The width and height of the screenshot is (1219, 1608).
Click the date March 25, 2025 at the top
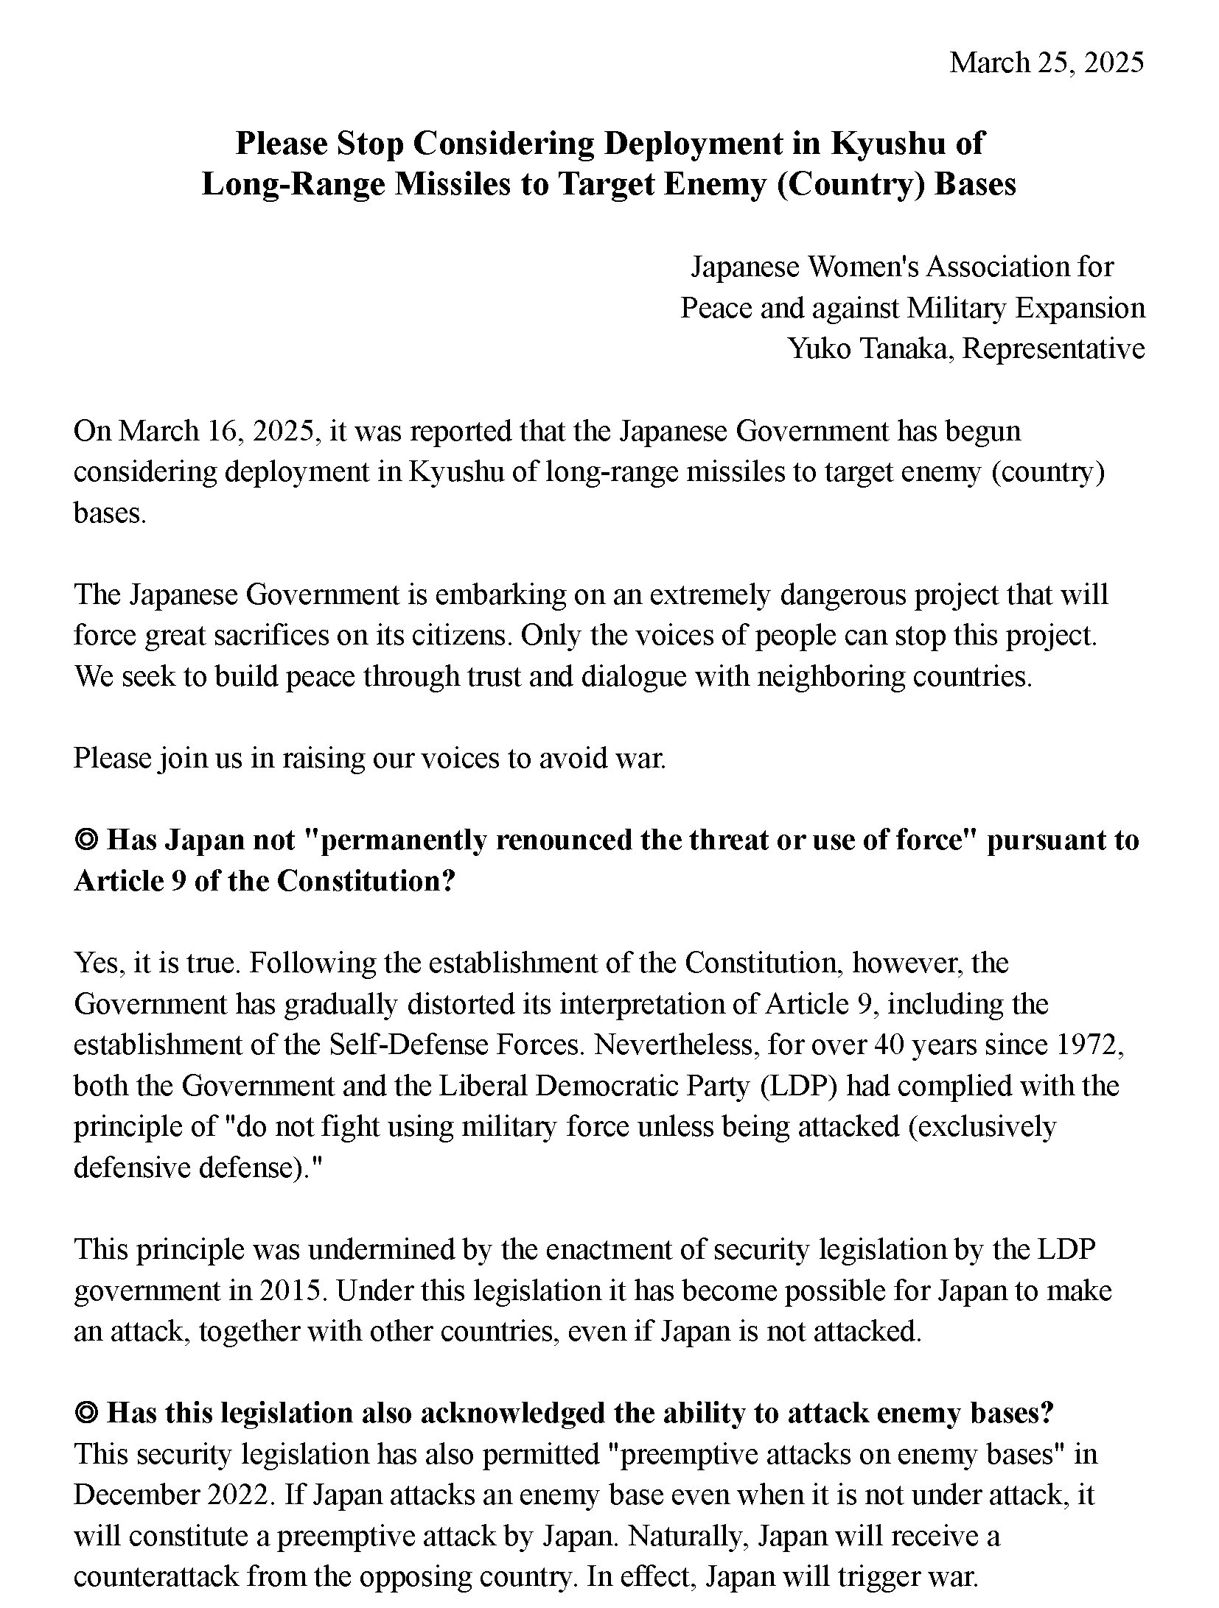click(1046, 63)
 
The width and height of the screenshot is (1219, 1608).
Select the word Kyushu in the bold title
click(888, 144)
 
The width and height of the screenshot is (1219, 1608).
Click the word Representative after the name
click(1053, 348)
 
